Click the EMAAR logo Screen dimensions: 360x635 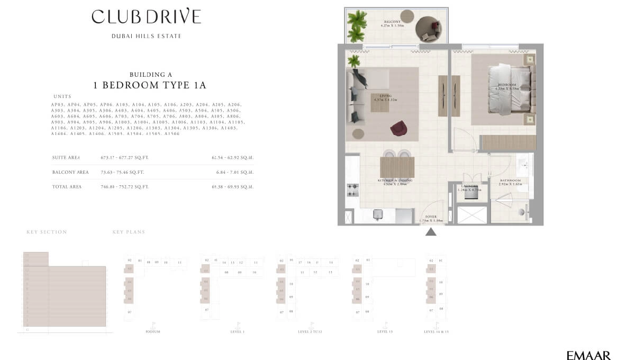(x=588, y=356)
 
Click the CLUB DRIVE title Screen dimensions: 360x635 (x=146, y=16)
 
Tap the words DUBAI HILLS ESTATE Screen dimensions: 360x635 (x=146, y=36)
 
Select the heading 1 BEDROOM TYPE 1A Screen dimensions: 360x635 (x=149, y=85)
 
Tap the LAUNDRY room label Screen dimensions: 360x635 (x=470, y=186)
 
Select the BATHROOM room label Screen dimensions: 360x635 (x=510, y=181)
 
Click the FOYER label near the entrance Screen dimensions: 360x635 (x=431, y=217)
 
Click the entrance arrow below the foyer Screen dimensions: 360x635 (x=431, y=231)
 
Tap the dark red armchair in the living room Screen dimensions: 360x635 (x=397, y=128)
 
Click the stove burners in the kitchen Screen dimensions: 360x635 (x=352, y=190)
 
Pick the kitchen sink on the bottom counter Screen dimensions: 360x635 (x=378, y=214)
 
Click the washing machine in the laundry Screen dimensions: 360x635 (x=471, y=193)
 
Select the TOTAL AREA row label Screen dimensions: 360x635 (x=67, y=187)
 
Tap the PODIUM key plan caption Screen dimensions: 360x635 (x=152, y=331)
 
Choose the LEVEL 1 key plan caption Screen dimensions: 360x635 (x=237, y=331)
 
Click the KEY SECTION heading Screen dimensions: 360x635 (x=47, y=232)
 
